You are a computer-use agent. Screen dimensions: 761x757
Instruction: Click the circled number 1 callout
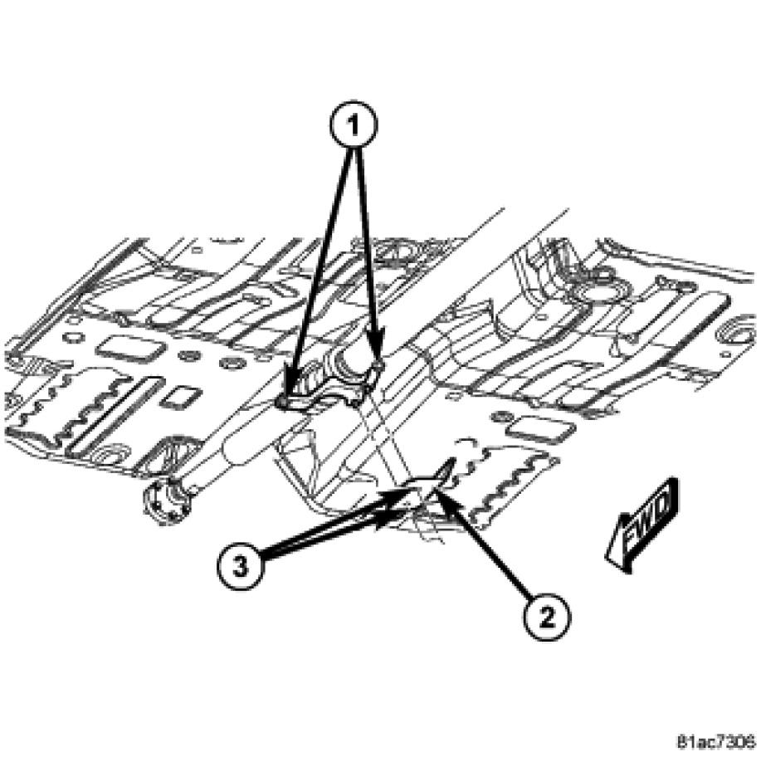click(354, 126)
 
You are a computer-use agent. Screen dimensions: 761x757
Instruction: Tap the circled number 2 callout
click(547, 618)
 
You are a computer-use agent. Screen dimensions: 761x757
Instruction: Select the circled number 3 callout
click(241, 566)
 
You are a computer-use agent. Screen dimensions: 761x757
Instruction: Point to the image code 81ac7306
click(717, 742)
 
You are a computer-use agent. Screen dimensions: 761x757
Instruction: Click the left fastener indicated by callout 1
click(281, 402)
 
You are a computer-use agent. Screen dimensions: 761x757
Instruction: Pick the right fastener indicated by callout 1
click(379, 364)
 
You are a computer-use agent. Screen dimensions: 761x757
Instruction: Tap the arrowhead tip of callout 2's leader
click(436, 490)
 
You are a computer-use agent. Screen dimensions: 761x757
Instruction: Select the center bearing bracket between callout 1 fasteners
click(330, 383)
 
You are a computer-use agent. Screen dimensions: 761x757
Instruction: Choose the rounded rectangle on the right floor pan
click(539, 429)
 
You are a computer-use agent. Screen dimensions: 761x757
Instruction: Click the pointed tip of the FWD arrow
click(606, 556)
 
